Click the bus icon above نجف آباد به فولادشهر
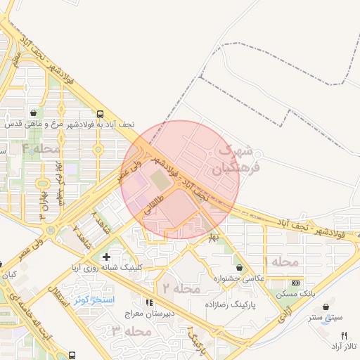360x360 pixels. [101, 113]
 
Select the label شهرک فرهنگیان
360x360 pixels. [228, 160]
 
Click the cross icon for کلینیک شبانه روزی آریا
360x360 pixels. [105, 257]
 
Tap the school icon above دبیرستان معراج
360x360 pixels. [148, 302]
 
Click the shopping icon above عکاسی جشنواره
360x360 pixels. [240, 268]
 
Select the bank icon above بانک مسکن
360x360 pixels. [295, 283]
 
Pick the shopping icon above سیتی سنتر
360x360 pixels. [326, 307]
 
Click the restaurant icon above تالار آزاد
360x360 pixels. [335, 336]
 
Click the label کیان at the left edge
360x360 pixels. [8, 275]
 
